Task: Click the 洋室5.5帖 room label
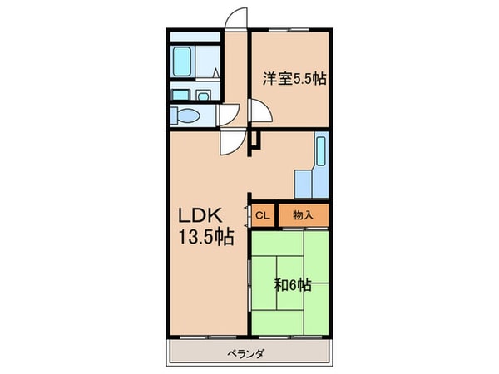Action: [294, 79]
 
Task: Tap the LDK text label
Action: [200, 214]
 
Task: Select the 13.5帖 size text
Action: [204, 237]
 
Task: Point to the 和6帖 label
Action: [293, 285]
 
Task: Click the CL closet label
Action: [262, 215]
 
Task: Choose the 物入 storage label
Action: [304, 215]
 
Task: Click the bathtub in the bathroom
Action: [183, 61]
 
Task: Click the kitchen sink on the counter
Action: [321, 152]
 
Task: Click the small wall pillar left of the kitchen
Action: [257, 141]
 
